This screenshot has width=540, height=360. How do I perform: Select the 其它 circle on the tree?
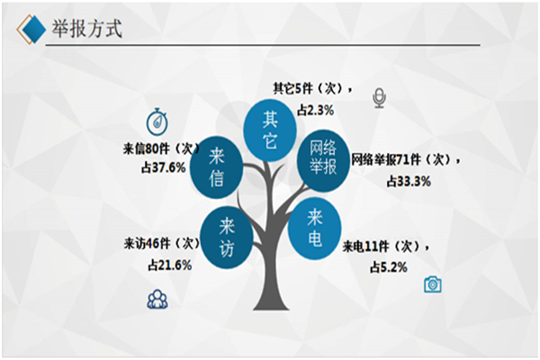[x=269, y=130]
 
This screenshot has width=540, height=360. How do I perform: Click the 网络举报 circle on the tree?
[x=322, y=157]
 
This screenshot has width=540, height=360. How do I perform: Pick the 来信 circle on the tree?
[x=216, y=166]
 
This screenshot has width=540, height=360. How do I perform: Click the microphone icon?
[x=379, y=98]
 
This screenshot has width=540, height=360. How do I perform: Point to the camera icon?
[x=433, y=284]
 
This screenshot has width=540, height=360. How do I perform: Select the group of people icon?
[x=157, y=300]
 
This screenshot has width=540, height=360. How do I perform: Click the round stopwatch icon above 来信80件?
[x=158, y=120]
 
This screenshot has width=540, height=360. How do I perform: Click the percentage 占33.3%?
[x=409, y=180]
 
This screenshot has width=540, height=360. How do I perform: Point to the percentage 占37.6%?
[x=163, y=168]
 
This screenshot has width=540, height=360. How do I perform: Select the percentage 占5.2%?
[x=388, y=266]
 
